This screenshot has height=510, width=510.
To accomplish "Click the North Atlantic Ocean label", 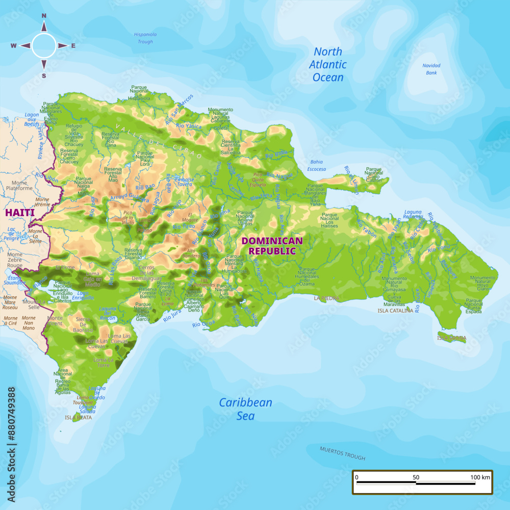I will click(328, 65).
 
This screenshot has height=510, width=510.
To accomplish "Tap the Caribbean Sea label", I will click(245, 409).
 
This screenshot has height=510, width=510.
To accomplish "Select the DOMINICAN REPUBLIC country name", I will click(272, 246).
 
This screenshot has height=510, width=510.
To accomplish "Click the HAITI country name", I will click(20, 212).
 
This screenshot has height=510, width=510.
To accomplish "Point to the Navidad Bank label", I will click(431, 69).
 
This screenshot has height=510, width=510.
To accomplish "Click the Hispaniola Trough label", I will click(145, 38).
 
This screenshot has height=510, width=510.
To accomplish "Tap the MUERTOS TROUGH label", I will click(342, 453).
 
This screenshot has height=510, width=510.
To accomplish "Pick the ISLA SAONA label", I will click(451, 338).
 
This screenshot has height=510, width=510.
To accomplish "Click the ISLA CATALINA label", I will click(395, 310).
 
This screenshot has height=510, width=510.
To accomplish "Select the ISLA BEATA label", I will click(79, 417).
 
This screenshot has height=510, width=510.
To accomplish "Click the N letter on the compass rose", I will click(44, 16).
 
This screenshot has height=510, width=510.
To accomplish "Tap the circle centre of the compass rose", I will click(44, 45).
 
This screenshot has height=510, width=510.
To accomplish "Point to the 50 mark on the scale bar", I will click(416, 477).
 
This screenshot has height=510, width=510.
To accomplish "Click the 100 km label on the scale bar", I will click(480, 477).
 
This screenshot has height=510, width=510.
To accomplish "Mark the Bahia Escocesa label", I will click(317, 166).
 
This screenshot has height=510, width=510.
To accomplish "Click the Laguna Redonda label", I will click(413, 215).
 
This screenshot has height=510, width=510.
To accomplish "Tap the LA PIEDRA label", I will click(326, 298).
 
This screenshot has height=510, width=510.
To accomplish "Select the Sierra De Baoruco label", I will click(83, 324).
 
